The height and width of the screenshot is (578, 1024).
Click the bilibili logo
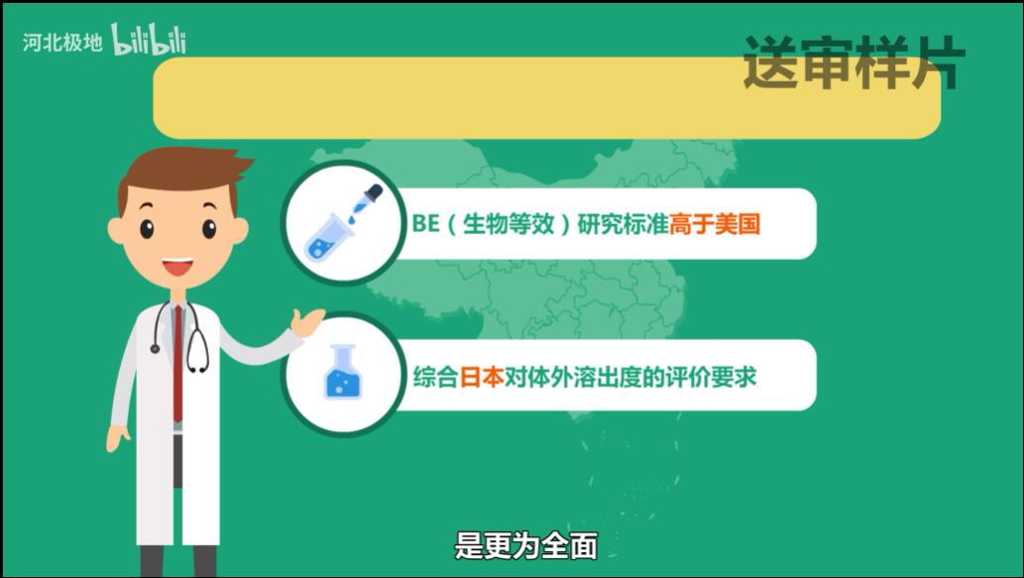click(149, 40)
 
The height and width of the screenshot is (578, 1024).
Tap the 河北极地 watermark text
click(62, 43)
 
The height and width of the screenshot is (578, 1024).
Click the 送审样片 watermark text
click(853, 62)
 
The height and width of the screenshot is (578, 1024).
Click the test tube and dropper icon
click(342, 222)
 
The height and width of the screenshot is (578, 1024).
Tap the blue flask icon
click(343, 374)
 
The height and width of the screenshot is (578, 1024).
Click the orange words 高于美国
click(714, 224)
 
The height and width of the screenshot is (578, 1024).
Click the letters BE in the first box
click(424, 224)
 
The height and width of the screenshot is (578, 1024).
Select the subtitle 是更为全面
click(525, 545)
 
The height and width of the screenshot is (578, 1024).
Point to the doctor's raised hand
click(308, 322)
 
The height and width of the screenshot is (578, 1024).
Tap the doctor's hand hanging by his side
click(118, 437)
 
